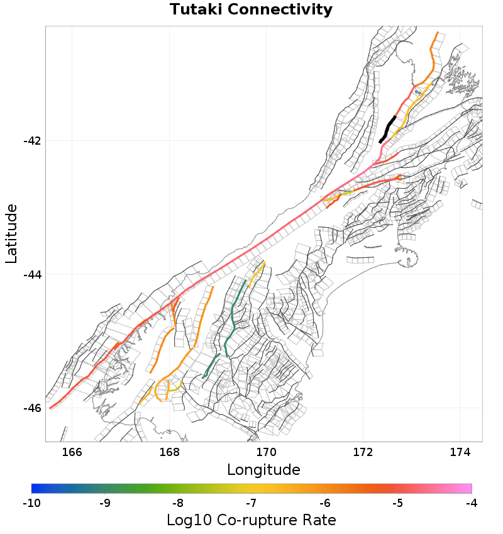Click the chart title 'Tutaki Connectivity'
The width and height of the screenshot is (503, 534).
coord(251,10)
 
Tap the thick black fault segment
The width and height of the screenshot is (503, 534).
coord(388,129)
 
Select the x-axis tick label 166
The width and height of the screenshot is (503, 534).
coord(72,452)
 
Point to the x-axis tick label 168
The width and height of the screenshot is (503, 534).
coord(169,452)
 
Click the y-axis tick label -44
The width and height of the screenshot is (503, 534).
coord(31,274)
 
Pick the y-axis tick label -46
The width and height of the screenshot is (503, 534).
coord(31,408)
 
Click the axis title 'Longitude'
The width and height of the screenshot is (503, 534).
coord(263,470)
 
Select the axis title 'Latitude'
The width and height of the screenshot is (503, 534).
coord(11,233)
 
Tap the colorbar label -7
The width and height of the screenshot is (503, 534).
coord(251,503)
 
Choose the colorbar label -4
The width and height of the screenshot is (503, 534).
coord(472,503)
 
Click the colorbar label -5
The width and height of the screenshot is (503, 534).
coord(398,503)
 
